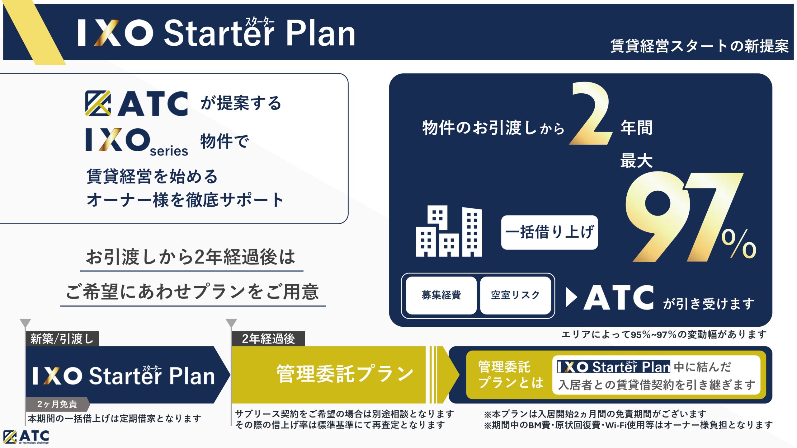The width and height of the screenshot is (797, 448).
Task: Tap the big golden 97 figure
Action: [x=682, y=216]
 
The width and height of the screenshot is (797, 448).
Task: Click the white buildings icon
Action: [x=449, y=231]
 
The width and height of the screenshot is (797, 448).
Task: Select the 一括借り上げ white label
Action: [x=549, y=232]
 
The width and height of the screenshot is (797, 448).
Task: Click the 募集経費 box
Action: [x=441, y=295]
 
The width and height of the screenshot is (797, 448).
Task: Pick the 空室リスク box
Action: [x=515, y=295]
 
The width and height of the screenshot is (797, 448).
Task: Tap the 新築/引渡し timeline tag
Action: [x=62, y=338]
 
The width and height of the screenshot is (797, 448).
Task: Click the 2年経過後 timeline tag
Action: [x=268, y=338]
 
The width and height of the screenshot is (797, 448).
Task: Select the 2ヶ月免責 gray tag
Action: [x=57, y=404]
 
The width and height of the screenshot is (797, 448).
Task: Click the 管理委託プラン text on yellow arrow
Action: [x=345, y=374]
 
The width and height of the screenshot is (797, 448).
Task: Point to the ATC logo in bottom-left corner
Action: [x=26, y=437]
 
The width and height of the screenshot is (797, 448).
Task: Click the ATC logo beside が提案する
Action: [x=136, y=104]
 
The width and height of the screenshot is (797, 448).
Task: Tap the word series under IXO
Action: [x=169, y=151]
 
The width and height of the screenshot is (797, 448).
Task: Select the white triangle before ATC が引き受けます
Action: [x=572, y=297]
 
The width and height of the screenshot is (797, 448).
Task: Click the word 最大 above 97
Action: [x=636, y=161]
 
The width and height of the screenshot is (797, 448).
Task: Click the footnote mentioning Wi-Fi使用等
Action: [x=628, y=425]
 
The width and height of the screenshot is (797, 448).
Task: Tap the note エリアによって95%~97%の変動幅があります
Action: [x=664, y=334]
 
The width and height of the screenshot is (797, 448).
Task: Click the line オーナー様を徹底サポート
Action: [x=185, y=200]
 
